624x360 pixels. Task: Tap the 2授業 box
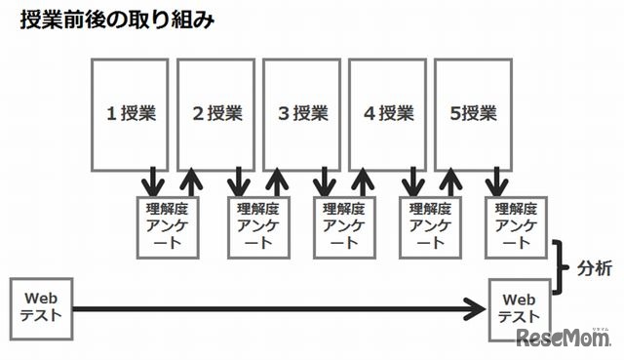pyautogui.click(x=217, y=112)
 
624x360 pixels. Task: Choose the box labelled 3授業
pyautogui.click(x=303, y=112)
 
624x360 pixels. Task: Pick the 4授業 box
pyautogui.click(x=389, y=112)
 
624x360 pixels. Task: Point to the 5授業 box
pyautogui.click(x=475, y=112)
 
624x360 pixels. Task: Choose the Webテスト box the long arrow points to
pyautogui.click(x=520, y=308)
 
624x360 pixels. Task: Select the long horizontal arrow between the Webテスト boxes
pyautogui.click(x=273, y=311)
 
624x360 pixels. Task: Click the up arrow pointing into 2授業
pyautogui.click(x=193, y=180)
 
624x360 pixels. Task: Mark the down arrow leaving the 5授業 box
pyautogui.click(x=496, y=180)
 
